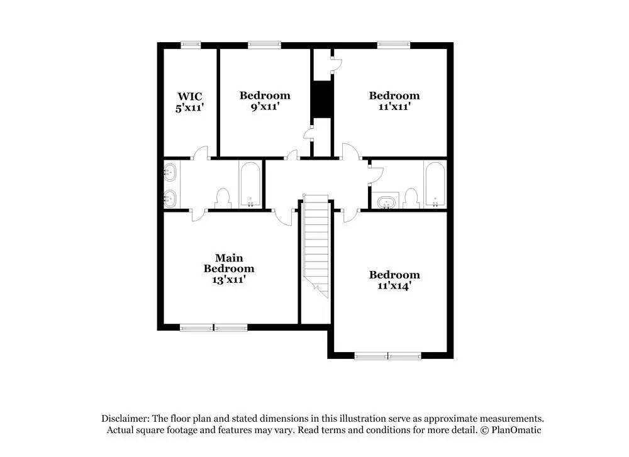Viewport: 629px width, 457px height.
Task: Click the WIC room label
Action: pos(189,96)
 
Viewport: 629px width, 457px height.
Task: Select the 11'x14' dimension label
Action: pos(394,286)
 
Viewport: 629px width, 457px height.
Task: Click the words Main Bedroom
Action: pos(229,263)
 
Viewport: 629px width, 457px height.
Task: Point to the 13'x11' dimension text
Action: pos(229,280)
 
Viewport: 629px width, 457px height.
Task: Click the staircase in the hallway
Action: pos(316,245)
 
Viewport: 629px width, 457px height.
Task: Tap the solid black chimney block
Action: pos(322,99)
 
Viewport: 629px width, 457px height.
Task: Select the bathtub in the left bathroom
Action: pos(250,185)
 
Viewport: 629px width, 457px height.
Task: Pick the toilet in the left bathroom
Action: pos(223,199)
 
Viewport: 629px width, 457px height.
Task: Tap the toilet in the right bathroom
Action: pos(411,199)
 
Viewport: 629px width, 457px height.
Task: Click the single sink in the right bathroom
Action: pos(385,202)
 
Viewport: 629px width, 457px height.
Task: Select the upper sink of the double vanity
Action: pos(170,170)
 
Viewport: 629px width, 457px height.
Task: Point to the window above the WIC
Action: pos(191,45)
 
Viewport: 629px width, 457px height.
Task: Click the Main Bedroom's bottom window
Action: pos(214,327)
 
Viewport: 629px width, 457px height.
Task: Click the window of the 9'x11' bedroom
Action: pos(264,45)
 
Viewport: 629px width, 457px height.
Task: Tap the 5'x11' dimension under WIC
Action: pos(189,107)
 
